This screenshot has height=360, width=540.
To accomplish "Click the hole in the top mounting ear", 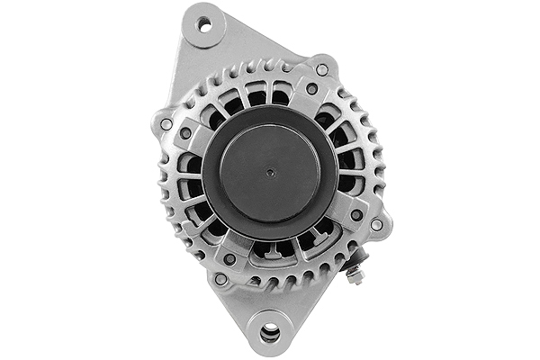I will tap(205, 25).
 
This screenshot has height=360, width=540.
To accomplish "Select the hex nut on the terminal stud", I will tap(355, 274).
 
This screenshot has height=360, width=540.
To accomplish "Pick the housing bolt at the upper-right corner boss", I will tap(321, 68).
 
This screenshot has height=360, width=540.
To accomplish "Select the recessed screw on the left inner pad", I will tap(185, 133).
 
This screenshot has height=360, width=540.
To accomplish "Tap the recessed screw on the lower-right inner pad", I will tap(356, 215).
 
